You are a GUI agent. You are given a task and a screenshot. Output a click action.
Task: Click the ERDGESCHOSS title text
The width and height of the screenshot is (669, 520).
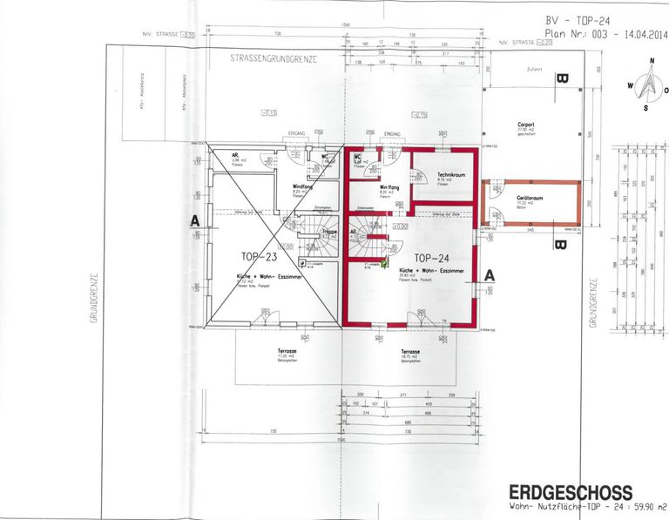571,493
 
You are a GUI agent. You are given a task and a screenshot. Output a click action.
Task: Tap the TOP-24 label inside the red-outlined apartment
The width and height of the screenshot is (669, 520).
432,258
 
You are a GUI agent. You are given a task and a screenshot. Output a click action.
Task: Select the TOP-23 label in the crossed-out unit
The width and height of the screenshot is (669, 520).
259,257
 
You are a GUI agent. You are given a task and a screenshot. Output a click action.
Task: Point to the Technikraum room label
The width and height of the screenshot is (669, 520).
453,175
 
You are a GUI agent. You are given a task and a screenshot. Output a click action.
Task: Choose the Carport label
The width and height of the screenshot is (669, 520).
525,125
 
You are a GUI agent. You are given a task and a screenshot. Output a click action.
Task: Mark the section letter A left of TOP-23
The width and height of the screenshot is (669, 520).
196,222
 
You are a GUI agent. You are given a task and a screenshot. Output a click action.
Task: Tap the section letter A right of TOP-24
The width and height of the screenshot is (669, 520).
490,274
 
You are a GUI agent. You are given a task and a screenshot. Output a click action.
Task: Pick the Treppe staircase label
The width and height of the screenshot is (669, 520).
329,233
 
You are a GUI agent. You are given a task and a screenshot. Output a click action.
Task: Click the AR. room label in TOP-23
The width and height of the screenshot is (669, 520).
235,155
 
